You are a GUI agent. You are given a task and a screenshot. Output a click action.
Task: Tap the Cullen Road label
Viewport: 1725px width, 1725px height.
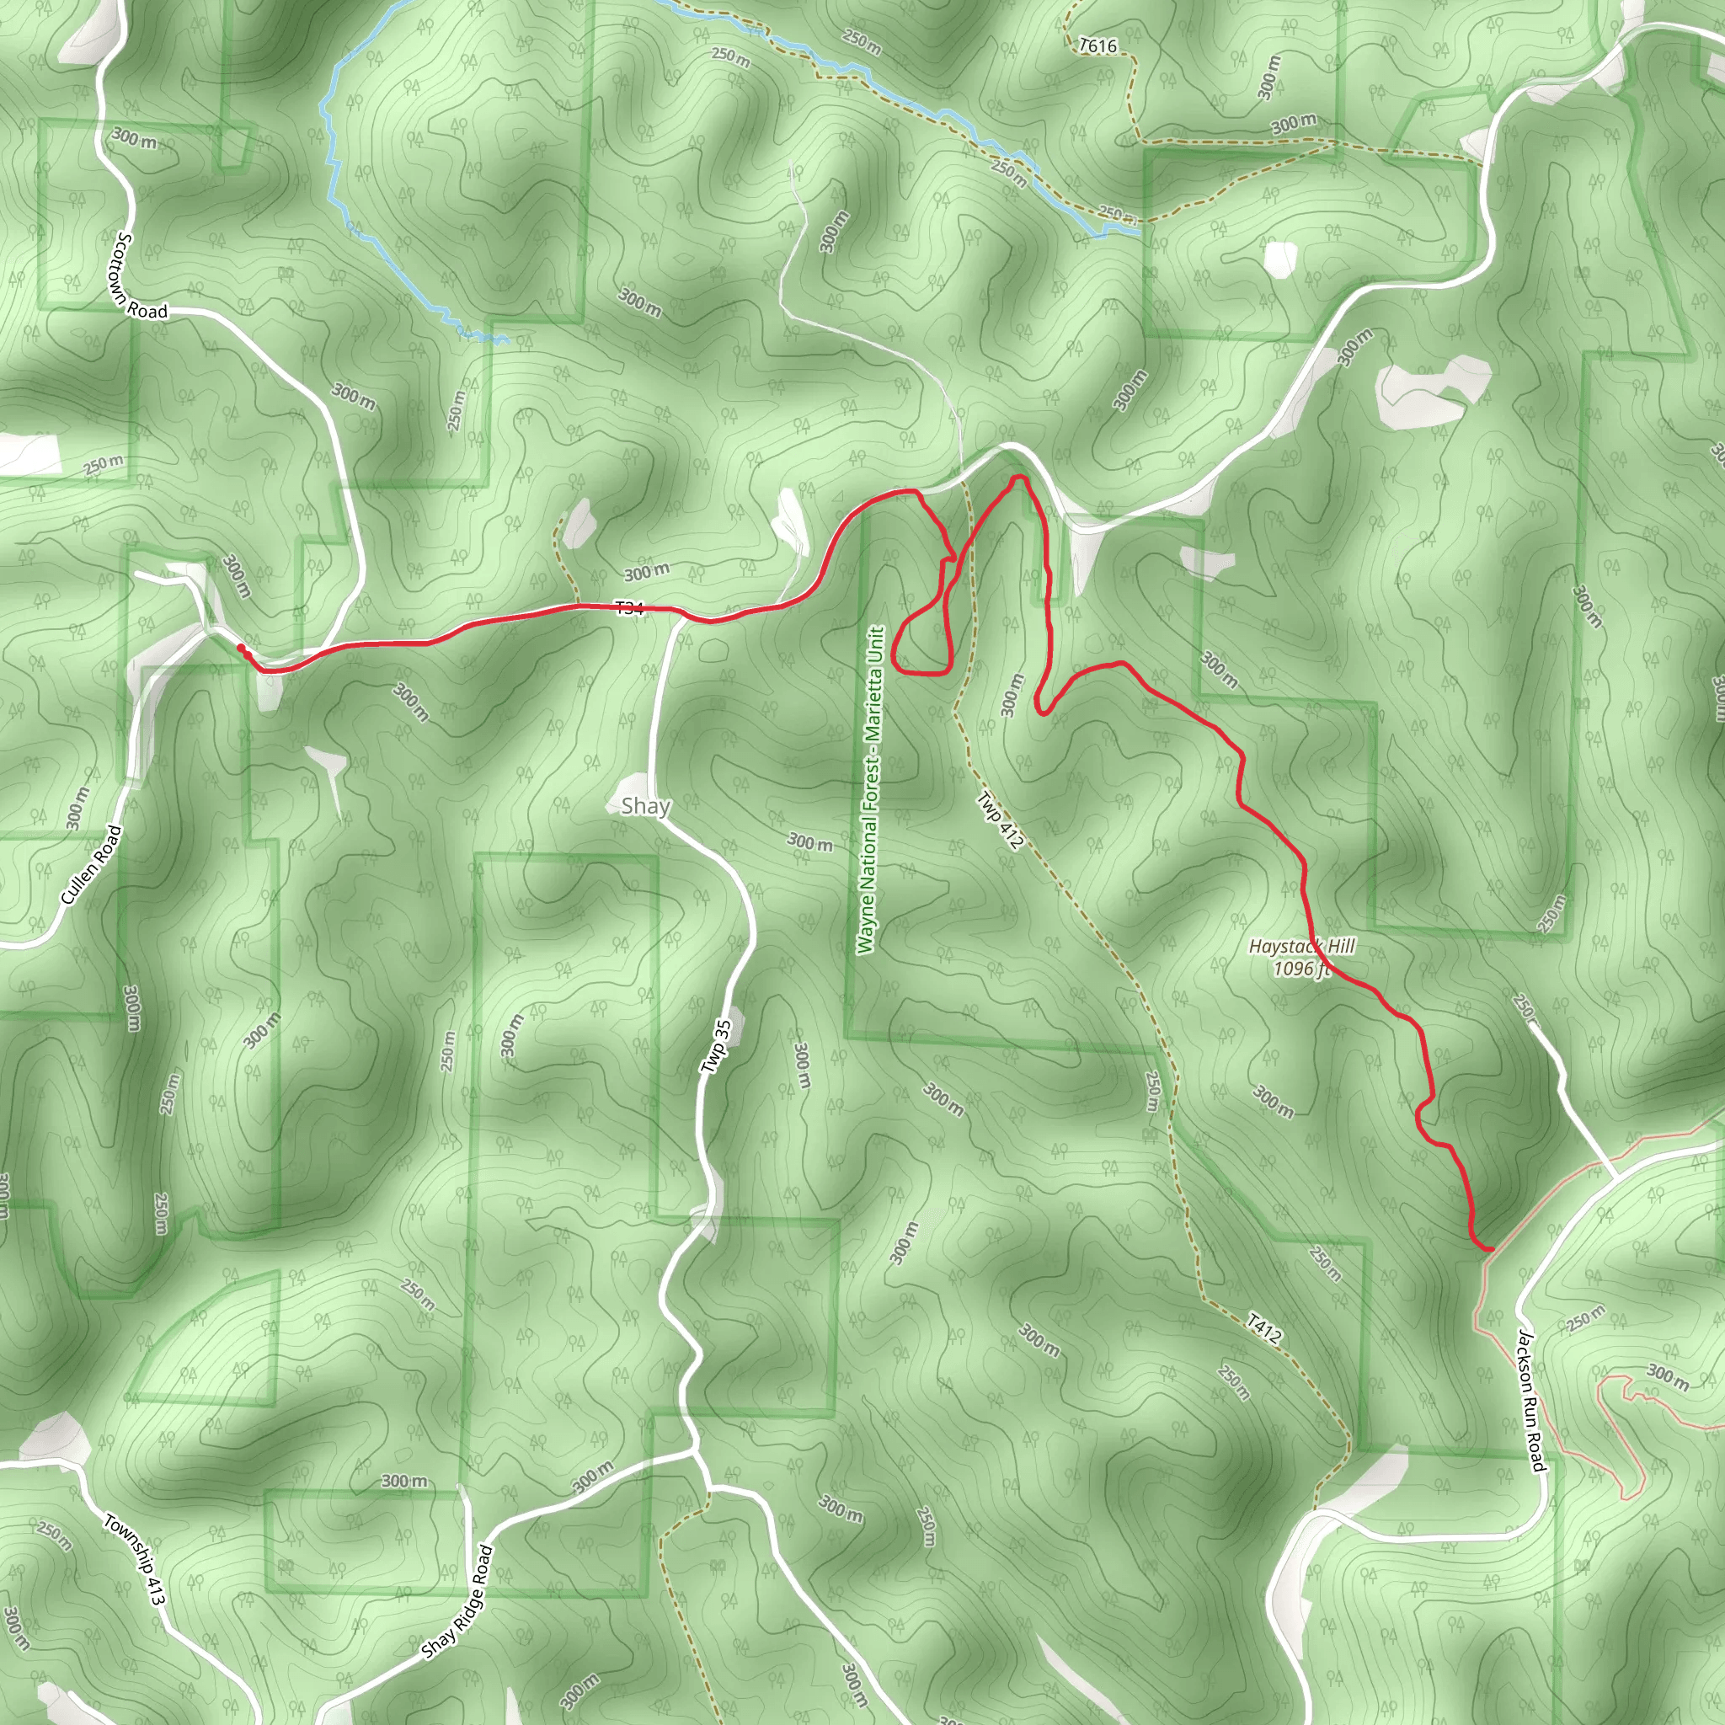(91, 864)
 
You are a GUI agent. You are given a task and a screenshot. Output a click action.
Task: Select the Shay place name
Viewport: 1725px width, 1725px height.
(645, 806)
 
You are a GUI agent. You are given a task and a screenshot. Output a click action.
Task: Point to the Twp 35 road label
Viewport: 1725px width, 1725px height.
(716, 1046)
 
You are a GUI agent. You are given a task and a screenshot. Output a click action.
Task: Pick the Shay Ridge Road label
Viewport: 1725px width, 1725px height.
(457, 1602)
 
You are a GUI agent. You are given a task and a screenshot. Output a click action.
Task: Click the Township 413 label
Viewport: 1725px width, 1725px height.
(134, 1559)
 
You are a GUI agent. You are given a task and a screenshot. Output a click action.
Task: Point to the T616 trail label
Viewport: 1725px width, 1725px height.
(1097, 45)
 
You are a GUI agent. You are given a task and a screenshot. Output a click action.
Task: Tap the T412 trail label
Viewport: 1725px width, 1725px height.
(1263, 1328)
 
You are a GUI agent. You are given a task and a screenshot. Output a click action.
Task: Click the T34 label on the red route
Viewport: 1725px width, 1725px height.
(628, 608)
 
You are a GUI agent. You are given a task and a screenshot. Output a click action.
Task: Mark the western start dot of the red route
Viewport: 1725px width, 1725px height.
(240, 649)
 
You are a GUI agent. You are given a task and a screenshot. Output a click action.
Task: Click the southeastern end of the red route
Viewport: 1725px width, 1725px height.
(1490, 1248)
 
